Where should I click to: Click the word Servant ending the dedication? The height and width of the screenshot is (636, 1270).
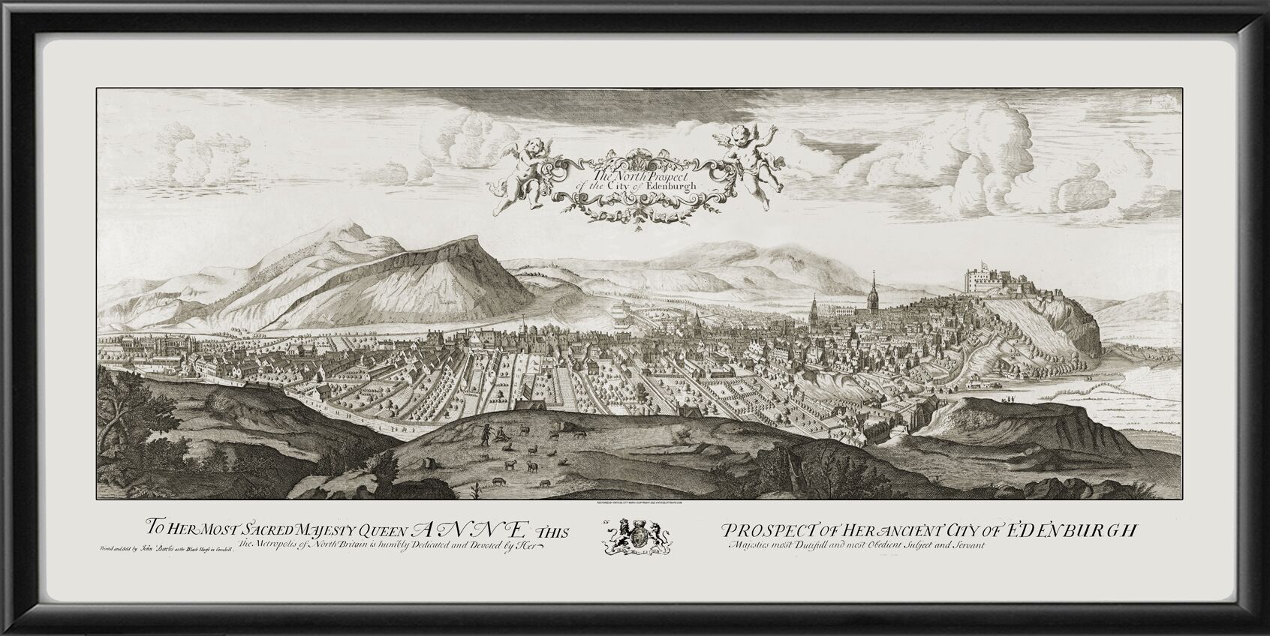tap(962, 546)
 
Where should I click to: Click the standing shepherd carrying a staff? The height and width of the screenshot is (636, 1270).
tap(485, 436)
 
